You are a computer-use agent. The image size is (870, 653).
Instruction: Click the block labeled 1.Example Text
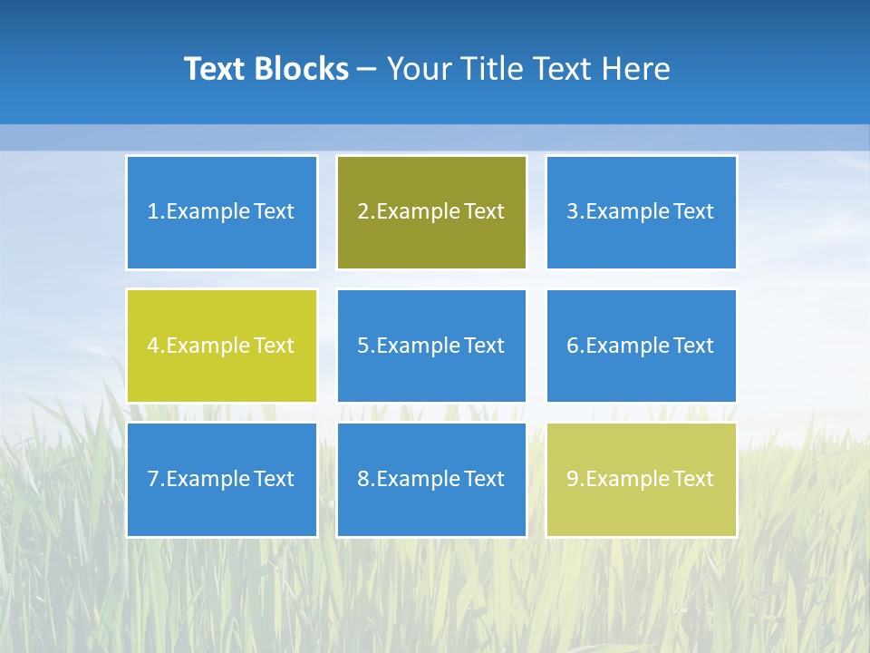click(x=222, y=212)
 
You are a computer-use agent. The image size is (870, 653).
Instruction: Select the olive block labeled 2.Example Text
click(x=431, y=212)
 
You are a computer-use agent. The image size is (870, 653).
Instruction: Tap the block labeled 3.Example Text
click(x=641, y=212)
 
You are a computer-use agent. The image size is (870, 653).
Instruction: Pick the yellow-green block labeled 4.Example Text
click(x=222, y=346)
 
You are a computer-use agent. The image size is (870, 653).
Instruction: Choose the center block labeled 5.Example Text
click(x=431, y=346)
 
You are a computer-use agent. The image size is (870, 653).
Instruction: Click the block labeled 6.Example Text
click(x=641, y=346)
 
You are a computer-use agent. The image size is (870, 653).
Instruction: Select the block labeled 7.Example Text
click(x=222, y=479)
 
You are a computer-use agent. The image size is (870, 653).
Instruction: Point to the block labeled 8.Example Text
click(x=431, y=479)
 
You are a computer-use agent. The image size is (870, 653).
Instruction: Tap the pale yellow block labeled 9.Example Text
click(x=641, y=479)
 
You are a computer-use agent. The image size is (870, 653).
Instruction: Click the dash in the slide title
click(x=367, y=70)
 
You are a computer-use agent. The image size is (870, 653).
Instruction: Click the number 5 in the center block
click(x=362, y=346)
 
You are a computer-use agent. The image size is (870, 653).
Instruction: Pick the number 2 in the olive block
click(x=362, y=212)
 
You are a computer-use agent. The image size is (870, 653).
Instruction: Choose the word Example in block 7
click(x=208, y=479)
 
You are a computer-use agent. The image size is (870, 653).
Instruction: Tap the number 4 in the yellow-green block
click(x=153, y=346)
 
